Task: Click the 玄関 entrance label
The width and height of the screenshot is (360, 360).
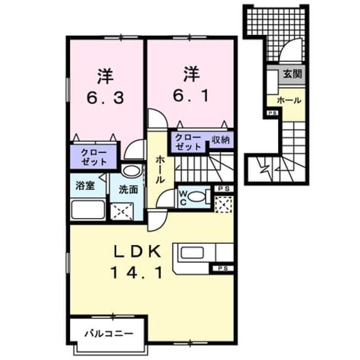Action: pyautogui.click(x=292, y=74)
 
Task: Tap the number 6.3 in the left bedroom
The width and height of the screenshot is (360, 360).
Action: pyautogui.click(x=105, y=98)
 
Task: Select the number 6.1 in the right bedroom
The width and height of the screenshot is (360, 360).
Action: pyautogui.click(x=190, y=96)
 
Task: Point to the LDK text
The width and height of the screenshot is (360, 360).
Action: pyautogui.click(x=137, y=252)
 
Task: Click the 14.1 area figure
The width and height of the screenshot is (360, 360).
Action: pyautogui.click(x=137, y=273)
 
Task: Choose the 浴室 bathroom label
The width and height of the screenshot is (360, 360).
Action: pyautogui.click(x=85, y=186)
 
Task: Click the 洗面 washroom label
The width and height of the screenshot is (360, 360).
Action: pyautogui.click(x=129, y=190)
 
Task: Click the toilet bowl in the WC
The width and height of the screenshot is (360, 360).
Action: pyautogui.click(x=197, y=197)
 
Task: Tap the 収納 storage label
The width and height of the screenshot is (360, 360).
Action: pyautogui.click(x=221, y=139)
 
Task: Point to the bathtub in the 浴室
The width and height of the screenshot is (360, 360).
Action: pyautogui.click(x=88, y=209)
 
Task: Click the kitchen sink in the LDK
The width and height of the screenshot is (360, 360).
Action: pyautogui.click(x=192, y=253)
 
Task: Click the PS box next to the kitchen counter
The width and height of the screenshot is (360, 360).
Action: pyautogui.click(x=222, y=269)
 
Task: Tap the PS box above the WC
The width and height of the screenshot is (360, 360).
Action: pyautogui.click(x=223, y=189)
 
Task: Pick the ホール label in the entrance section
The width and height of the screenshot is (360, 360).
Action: pyautogui.click(x=289, y=101)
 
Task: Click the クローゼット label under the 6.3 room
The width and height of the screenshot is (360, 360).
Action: pyautogui.click(x=94, y=157)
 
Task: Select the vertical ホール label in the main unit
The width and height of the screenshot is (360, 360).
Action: pyautogui.click(x=160, y=170)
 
